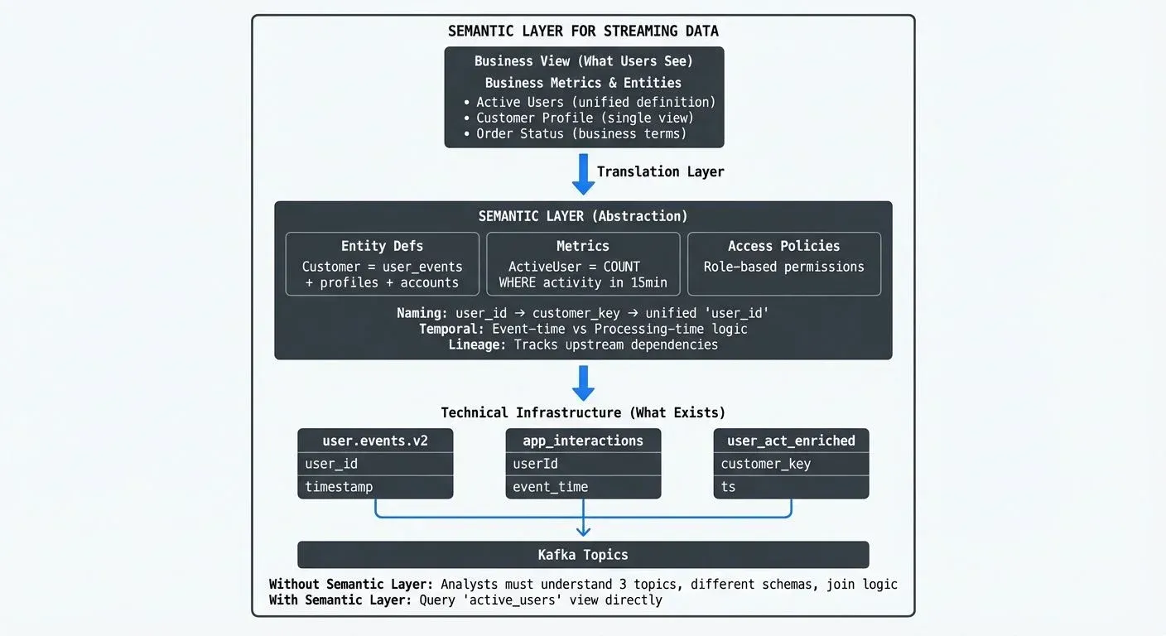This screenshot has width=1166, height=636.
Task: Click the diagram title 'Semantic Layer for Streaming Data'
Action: tap(583, 31)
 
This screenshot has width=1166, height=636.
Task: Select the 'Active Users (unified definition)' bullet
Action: tap(595, 102)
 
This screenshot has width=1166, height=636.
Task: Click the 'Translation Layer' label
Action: tap(660, 171)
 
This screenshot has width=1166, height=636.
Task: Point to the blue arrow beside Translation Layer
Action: tap(584, 173)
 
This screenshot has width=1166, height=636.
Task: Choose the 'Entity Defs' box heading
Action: tap(382, 246)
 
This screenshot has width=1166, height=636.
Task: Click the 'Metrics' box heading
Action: tap(583, 246)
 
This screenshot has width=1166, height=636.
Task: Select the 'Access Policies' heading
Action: tap(783, 246)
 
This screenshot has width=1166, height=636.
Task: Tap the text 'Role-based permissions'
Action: tap(783, 267)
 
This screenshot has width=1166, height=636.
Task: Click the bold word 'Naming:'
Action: tap(422, 313)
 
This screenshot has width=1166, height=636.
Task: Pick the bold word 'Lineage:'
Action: tap(477, 344)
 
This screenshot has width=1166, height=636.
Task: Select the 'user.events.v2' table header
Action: tap(375, 441)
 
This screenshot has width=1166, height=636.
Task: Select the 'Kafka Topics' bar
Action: tap(583, 555)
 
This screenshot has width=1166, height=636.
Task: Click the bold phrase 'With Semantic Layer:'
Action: tap(340, 600)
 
